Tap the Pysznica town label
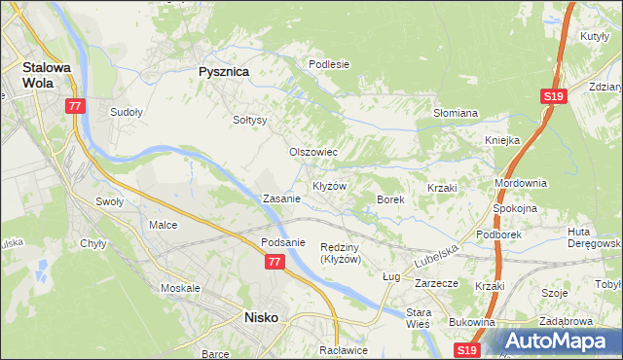[224, 71]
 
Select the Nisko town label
[261, 317]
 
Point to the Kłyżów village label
[329, 185]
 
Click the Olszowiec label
[313, 152]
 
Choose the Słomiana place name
[455, 113]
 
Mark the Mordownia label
[521, 183]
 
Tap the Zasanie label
[281, 198]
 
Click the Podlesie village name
[329, 64]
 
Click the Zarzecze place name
[436, 283]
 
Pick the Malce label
[163, 225]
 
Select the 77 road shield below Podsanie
[275, 262]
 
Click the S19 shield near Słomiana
[553, 96]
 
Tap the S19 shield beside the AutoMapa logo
[468, 348]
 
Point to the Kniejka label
[503, 140]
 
